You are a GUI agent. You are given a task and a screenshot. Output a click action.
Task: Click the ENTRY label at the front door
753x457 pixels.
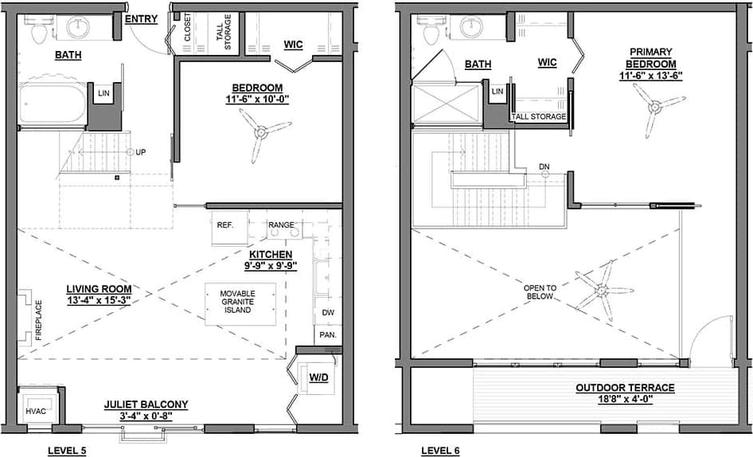coord(141,18)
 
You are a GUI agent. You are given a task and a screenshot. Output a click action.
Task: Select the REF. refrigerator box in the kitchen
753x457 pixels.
coord(224,225)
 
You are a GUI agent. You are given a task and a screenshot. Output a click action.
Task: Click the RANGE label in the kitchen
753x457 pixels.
coord(280,225)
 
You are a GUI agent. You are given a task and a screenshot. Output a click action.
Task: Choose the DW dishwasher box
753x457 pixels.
coord(328,313)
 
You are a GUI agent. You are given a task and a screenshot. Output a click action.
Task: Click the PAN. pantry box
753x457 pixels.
coord(328,335)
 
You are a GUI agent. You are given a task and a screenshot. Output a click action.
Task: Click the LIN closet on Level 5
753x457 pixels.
coord(103,93)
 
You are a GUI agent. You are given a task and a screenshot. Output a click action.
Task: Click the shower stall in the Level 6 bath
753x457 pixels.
coord(447,104)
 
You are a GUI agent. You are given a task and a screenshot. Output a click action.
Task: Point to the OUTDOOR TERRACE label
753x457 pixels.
coord(625,388)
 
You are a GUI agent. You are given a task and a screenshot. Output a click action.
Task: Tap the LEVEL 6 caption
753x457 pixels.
coord(440,451)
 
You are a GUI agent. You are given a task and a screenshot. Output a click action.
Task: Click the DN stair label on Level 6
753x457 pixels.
coord(544,166)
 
